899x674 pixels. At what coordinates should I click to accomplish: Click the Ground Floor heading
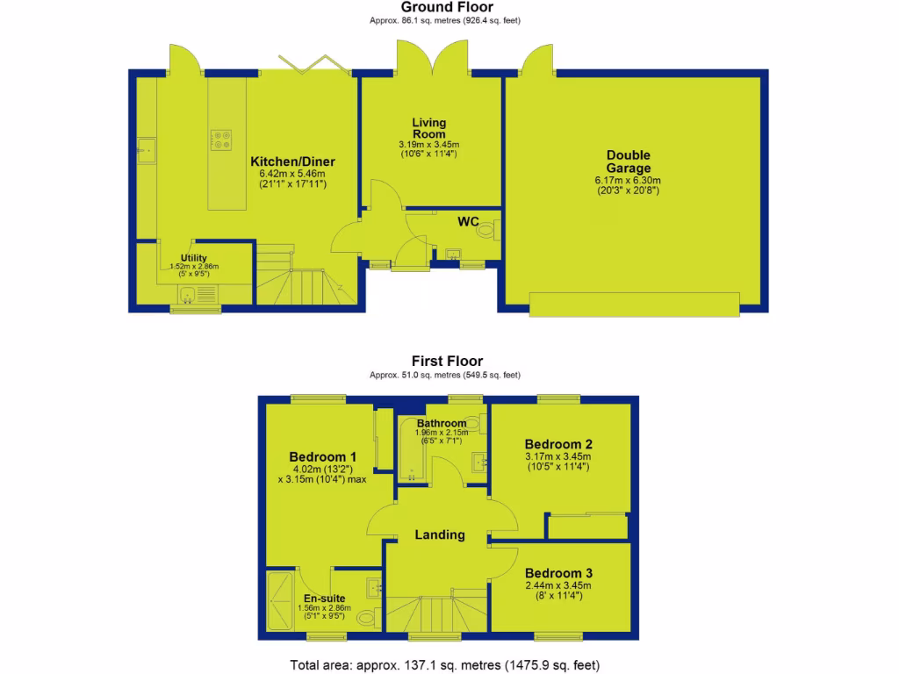coord(448,7)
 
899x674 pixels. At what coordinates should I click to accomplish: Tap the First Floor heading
coord(448,361)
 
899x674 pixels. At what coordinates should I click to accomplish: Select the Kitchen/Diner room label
coord(292,161)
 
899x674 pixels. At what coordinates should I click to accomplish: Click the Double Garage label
coord(629,161)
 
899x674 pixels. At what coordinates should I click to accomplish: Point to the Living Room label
coord(429,128)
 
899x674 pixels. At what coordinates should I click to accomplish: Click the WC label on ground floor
coord(468,222)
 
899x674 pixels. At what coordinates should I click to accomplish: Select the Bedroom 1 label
coord(322,456)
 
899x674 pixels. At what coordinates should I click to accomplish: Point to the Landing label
coord(440,534)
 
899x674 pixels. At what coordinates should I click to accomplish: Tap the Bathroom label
coord(441,424)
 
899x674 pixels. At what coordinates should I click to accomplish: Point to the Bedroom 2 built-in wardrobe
coord(586,526)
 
